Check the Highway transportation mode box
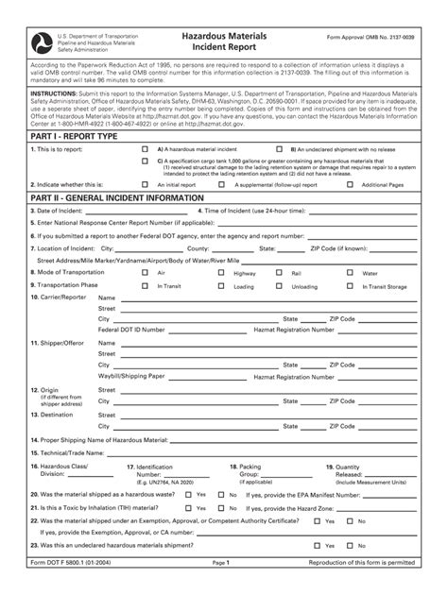pos(223,272)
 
